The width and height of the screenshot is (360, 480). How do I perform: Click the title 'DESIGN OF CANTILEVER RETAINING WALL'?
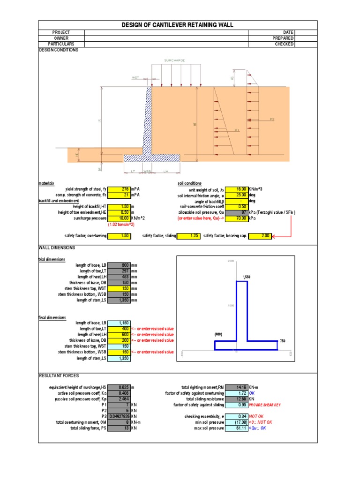(178, 25)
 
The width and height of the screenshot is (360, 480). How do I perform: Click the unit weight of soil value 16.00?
(237, 189)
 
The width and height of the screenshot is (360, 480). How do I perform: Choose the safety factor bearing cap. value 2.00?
(260, 236)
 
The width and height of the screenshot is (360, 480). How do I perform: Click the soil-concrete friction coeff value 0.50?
(237, 206)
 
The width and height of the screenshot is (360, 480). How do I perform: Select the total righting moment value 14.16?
(237, 387)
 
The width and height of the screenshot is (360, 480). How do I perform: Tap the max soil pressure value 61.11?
(237, 428)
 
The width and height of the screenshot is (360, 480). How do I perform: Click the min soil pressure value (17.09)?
(237, 422)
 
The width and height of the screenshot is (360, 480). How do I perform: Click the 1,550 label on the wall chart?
(247, 277)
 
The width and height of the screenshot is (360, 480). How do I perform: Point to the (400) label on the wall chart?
(218, 334)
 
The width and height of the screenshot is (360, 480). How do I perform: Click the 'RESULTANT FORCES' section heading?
(59, 376)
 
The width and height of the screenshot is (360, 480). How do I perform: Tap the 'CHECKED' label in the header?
(284, 44)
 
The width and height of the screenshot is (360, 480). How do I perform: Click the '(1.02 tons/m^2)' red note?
(121, 224)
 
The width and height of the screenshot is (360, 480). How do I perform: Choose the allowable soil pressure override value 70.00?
(237, 218)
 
